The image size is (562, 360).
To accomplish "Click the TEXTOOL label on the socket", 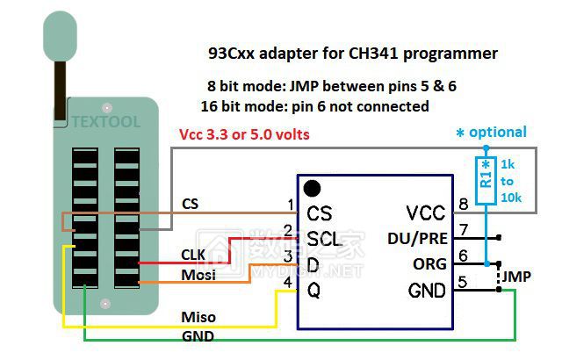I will coord(106,122).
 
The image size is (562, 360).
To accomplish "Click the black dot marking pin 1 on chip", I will coord(311,188).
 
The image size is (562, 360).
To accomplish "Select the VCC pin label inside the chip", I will coord(426,212).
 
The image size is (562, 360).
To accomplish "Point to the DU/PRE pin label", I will coord(416,238).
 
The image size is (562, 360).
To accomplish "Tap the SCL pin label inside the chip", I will coord(324,238).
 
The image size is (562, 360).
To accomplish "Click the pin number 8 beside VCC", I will coord(463,206).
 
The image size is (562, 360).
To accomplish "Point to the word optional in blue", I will coord(498,133).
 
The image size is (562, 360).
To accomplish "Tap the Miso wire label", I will coord(198,316).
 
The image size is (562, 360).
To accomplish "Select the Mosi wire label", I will coord(198,274).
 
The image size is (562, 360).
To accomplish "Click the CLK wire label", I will coord(194,255).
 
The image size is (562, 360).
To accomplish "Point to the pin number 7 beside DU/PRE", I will coord(463,231).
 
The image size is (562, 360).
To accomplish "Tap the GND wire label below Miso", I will coord(198,335).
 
